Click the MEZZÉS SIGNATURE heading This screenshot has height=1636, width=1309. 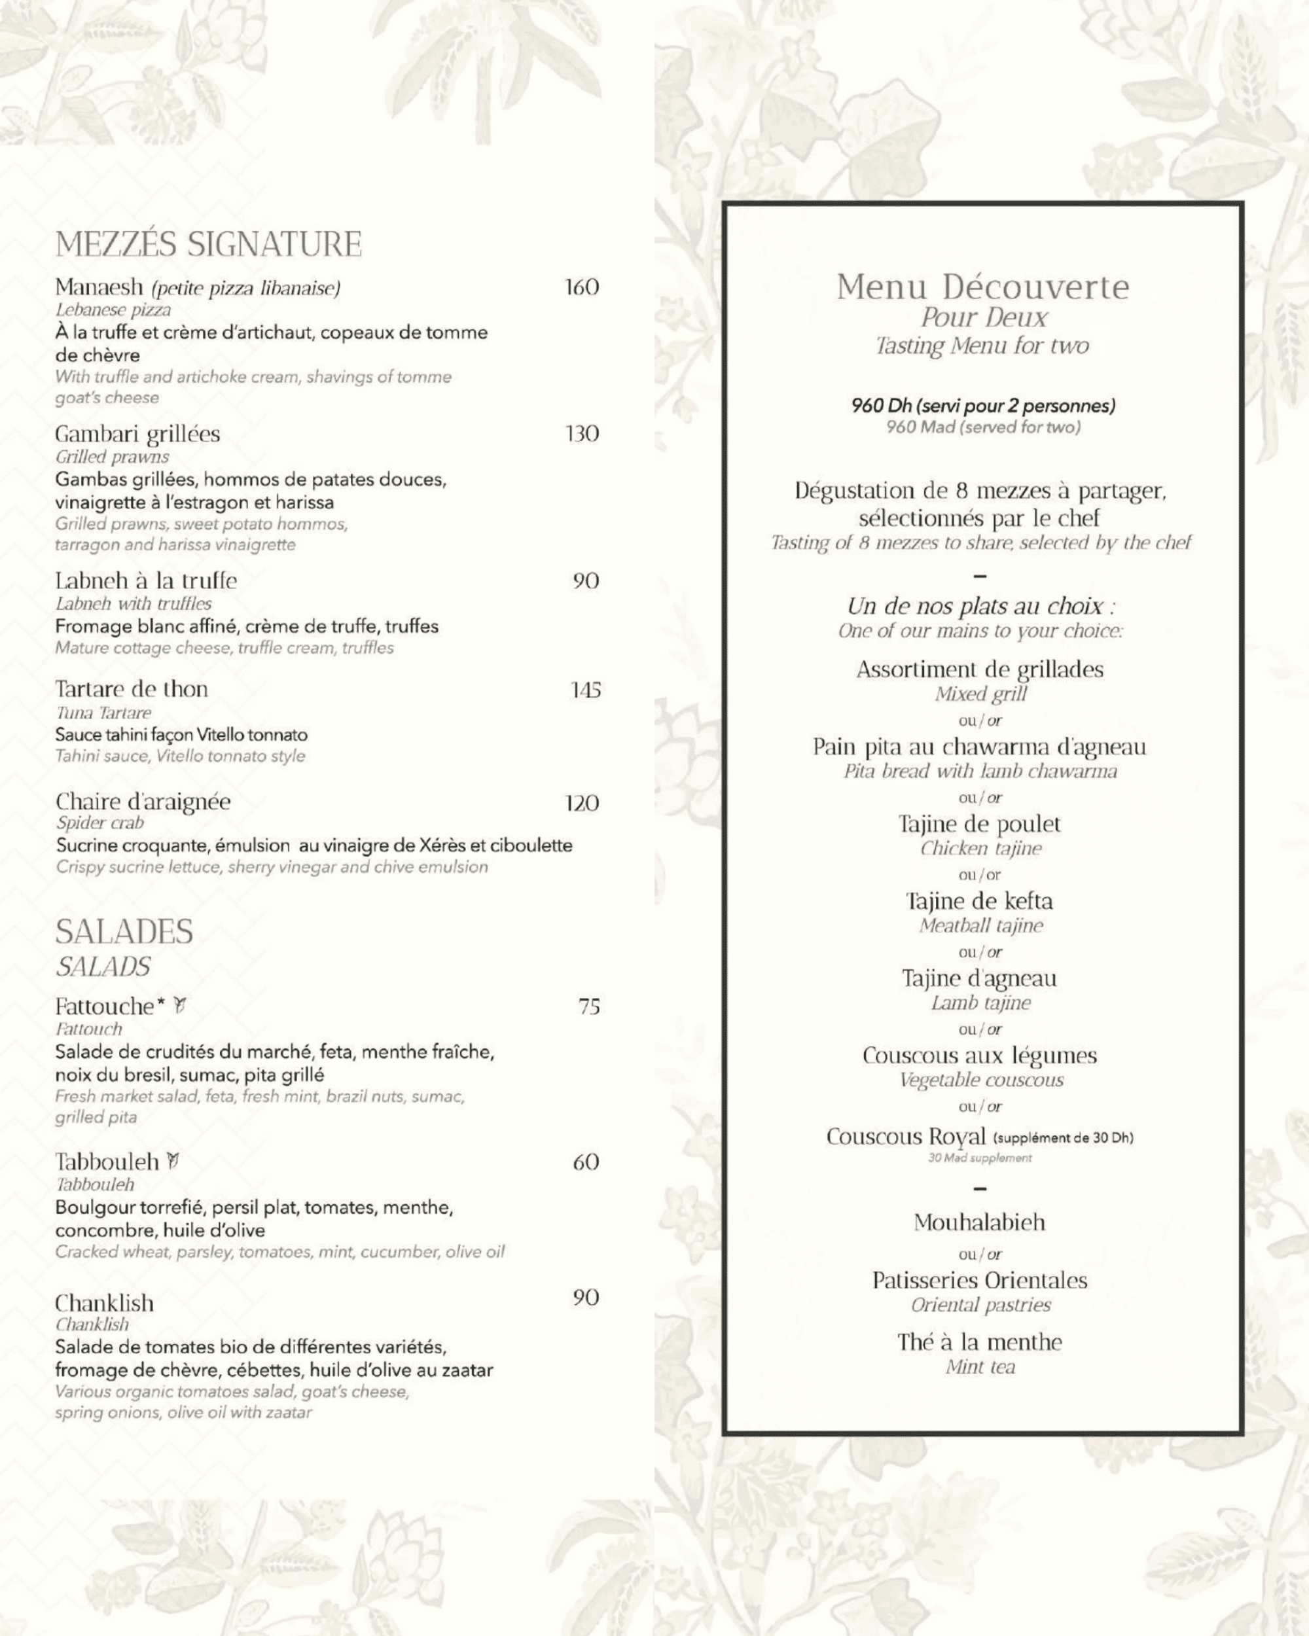point(209,244)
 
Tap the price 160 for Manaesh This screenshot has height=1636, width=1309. point(582,287)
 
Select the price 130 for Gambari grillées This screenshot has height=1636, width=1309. point(582,434)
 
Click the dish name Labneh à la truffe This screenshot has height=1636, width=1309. point(146,580)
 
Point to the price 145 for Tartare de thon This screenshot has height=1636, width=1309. point(585,690)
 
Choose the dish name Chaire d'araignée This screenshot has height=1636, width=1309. point(143,801)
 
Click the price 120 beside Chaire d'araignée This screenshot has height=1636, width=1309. point(582,803)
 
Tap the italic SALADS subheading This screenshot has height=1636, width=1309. point(103,967)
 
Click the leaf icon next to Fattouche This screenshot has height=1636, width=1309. point(180,1005)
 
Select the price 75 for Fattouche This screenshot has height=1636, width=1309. point(589,1006)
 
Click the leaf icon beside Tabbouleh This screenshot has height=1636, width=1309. point(174,1160)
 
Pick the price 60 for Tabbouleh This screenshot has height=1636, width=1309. point(586,1162)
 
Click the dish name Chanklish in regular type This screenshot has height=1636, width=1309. point(104,1303)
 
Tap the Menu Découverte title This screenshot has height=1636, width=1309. point(982,287)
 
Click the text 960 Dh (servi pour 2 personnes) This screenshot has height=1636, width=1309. point(982,405)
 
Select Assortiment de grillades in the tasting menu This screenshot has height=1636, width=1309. point(980,669)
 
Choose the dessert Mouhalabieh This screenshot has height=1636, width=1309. point(980,1222)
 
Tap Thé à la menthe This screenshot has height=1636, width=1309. point(980,1342)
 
